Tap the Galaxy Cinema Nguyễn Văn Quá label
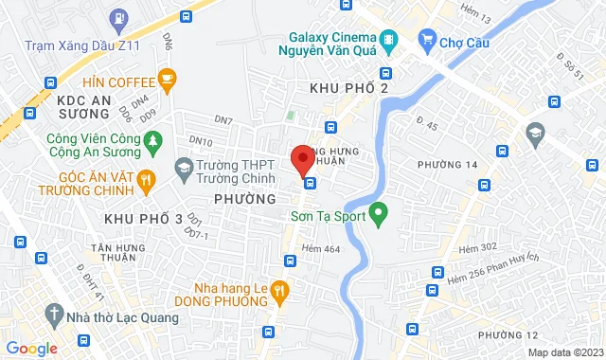click(x=343, y=46)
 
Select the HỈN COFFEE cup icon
click(x=168, y=80)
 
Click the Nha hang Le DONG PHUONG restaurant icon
click(x=278, y=289)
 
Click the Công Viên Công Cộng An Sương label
click(x=94, y=148)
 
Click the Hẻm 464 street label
click(x=319, y=249)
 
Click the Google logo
click(x=31, y=349)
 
